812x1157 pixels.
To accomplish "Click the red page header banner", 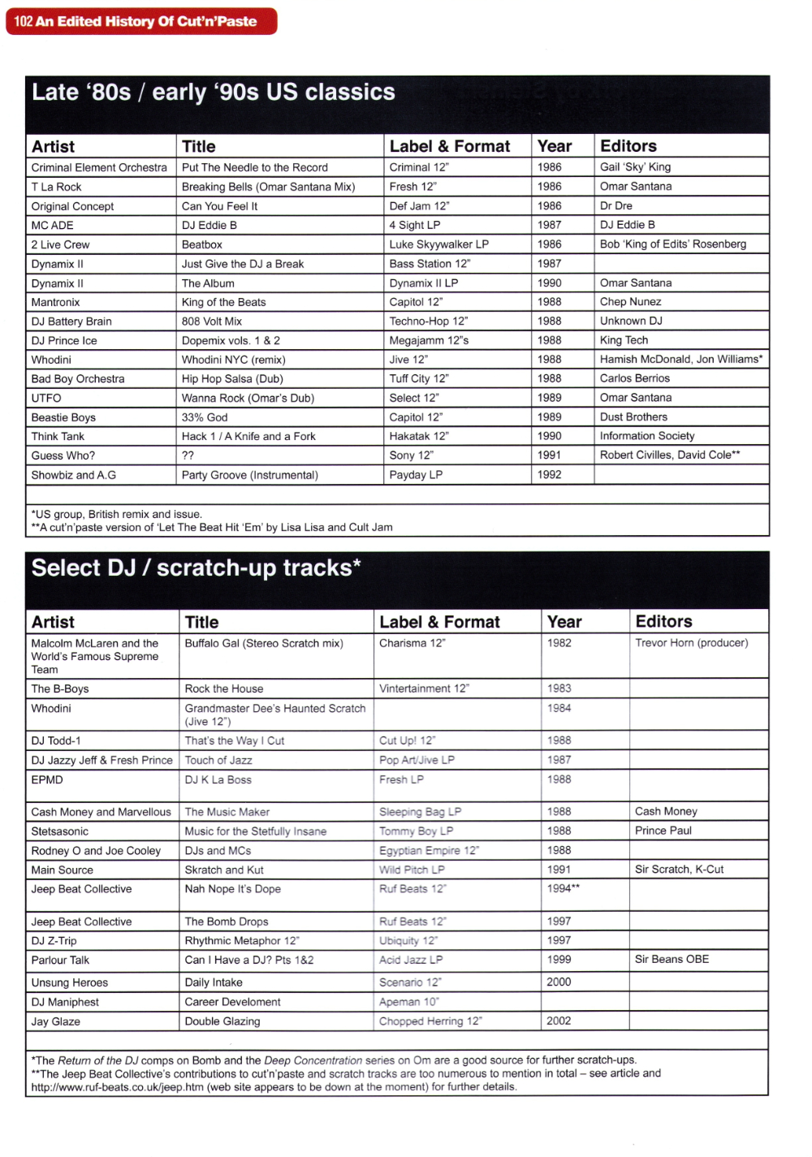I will pyautogui.click(x=141, y=21).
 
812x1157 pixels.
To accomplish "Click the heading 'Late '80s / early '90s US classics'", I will pyautogui.click(x=214, y=93).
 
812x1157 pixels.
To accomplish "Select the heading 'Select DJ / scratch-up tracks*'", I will pyautogui.click(x=197, y=568).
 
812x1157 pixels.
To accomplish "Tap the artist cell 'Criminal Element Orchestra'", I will pyautogui.click(x=99, y=167).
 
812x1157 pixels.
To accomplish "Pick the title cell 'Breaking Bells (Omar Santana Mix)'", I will pyautogui.click(x=268, y=187).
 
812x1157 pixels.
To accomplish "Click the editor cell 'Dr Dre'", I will pyautogui.click(x=616, y=206).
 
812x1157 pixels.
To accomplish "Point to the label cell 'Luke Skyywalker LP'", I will pyautogui.click(x=438, y=244).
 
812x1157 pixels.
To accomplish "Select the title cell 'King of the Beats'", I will pyautogui.click(x=224, y=302).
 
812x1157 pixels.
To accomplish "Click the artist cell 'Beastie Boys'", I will pyautogui.click(x=63, y=417).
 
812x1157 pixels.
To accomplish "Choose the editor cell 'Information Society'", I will pyautogui.click(x=647, y=436).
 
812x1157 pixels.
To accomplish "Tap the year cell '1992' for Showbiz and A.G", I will pyautogui.click(x=550, y=475).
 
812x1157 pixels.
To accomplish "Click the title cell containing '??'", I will pyautogui.click(x=188, y=455).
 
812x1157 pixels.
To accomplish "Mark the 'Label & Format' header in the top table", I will pyautogui.click(x=450, y=147).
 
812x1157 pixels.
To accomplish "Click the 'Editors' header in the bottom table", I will pyautogui.click(x=663, y=622).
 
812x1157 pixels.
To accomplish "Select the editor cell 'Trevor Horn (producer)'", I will pyautogui.click(x=691, y=643).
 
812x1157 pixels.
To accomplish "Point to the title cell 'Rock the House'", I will pyautogui.click(x=224, y=689).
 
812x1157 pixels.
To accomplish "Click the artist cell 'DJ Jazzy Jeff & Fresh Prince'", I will pyautogui.click(x=102, y=760).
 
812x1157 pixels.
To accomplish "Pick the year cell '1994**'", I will pyautogui.click(x=564, y=888).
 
